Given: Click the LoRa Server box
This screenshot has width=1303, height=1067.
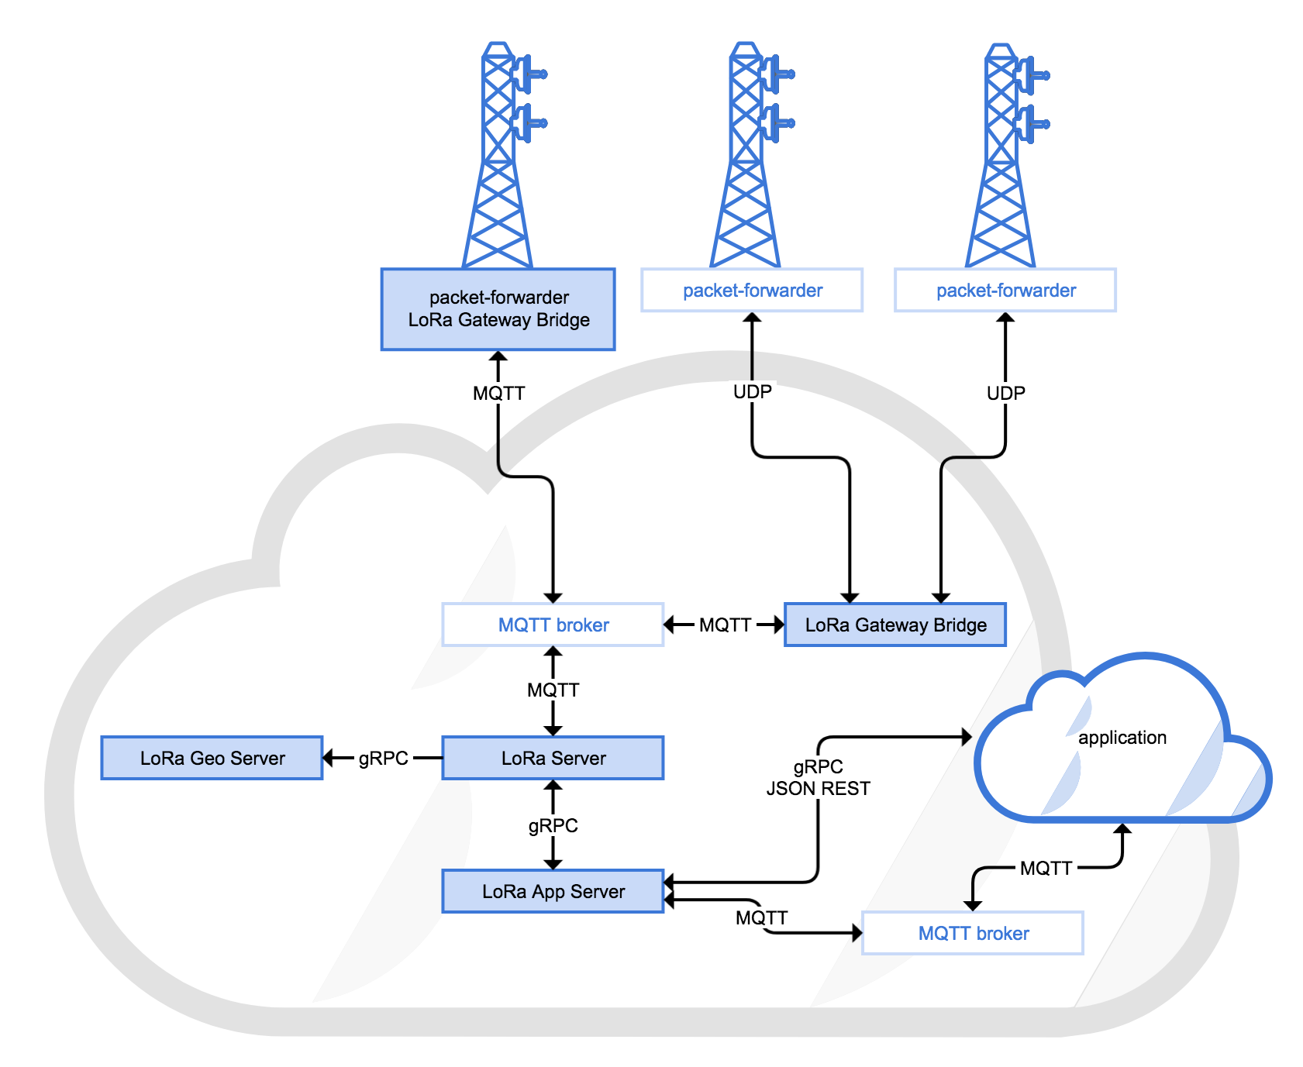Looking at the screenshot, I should click(553, 758).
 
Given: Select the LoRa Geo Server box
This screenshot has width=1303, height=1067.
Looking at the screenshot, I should click(212, 758).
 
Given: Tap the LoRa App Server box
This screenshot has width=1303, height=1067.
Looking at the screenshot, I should click(553, 891).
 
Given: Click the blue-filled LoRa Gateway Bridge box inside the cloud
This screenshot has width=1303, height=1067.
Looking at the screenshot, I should click(895, 625).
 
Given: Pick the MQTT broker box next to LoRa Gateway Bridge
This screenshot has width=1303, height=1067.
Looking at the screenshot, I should click(553, 625).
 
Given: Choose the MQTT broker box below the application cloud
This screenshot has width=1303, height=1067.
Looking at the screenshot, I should click(973, 933).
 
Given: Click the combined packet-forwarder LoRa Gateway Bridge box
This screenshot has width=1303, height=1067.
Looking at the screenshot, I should click(498, 309).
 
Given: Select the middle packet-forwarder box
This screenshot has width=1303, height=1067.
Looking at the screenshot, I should click(752, 291).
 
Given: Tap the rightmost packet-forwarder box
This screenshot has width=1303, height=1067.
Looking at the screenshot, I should click(1005, 291).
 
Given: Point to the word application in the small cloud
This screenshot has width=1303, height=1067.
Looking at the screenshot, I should click(1122, 738).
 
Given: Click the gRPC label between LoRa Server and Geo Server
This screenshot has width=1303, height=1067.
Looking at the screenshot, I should click(383, 758).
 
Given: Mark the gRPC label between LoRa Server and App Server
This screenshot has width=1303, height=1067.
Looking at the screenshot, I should click(553, 825).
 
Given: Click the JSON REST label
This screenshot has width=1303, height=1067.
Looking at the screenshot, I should click(818, 789).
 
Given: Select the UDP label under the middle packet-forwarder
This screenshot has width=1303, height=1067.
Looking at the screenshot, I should click(752, 392).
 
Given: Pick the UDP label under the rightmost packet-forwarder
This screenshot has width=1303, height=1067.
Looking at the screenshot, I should click(1005, 393).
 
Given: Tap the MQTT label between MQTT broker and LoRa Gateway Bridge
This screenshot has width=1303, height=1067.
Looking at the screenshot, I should click(725, 625).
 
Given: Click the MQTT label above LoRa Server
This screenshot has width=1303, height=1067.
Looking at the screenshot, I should click(553, 690).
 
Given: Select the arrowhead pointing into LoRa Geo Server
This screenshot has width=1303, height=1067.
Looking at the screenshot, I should click(329, 758).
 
